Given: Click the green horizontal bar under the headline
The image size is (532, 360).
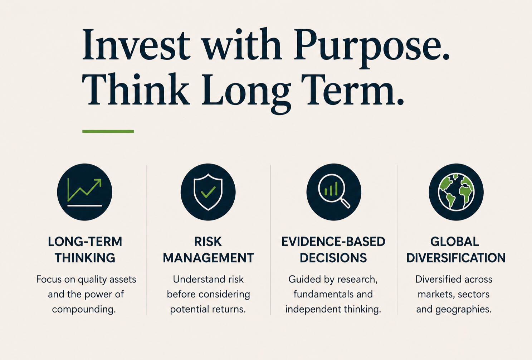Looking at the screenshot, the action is coord(108,131).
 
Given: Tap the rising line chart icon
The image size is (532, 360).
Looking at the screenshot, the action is coord(84,192).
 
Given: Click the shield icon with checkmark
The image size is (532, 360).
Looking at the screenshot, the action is coord(208,192).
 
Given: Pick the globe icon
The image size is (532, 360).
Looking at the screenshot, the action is coord(456,192).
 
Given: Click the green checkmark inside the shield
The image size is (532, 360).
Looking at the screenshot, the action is coord(208,192).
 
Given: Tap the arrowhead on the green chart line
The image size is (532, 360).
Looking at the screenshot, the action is coord(98,182).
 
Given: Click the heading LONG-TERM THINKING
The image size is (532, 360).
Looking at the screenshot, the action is coord(85,249).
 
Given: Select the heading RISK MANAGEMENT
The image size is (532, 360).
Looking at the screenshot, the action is coord(208,249).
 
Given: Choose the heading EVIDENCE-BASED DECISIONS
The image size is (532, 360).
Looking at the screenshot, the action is coord(333,249).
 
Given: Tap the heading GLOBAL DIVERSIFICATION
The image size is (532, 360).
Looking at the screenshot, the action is coord(456,249).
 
